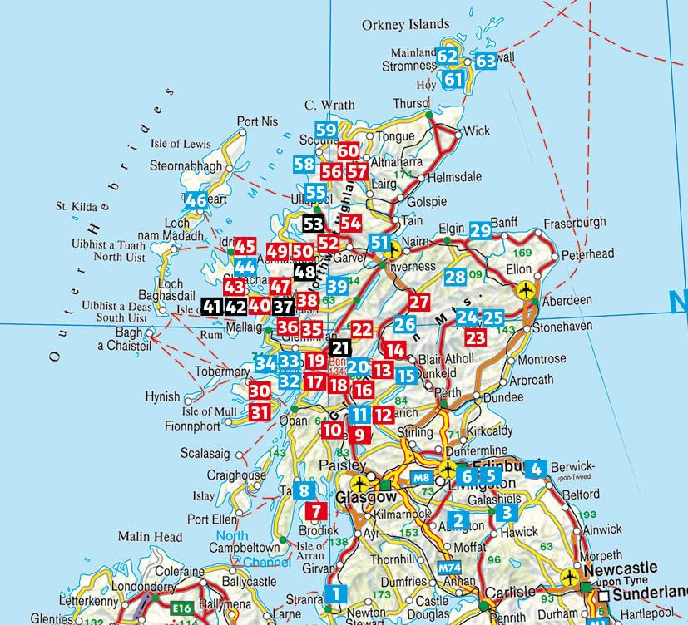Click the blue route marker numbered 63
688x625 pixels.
tap(486, 61)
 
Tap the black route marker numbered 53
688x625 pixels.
tap(314, 224)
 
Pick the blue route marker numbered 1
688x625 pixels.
tap(335, 593)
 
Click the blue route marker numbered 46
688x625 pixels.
tap(196, 200)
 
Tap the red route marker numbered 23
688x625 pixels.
tap(475, 338)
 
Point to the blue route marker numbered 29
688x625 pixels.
tap(480, 230)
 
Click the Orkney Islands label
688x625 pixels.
tap(405, 25)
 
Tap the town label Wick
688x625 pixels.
tap(477, 131)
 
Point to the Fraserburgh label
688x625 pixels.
tap(577, 224)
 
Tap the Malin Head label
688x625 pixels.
tap(150, 537)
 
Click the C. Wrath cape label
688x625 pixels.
tap(329, 106)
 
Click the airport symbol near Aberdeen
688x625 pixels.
tap(525, 290)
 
